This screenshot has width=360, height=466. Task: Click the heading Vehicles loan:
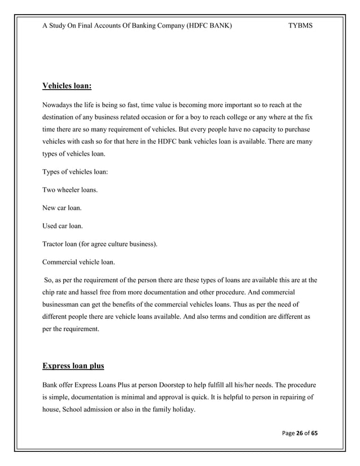tap(67, 86)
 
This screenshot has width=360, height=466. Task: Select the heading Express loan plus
tap(73, 366)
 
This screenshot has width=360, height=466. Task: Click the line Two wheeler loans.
tap(70, 190)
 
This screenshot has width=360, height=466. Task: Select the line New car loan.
tap(62, 208)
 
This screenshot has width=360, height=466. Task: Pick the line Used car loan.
tap(63, 226)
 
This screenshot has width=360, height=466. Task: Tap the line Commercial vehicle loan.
tap(78, 262)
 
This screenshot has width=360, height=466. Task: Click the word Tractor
tap(54, 244)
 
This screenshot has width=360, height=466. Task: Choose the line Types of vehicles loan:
tap(75, 172)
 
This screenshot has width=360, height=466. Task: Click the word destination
tap(63, 117)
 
